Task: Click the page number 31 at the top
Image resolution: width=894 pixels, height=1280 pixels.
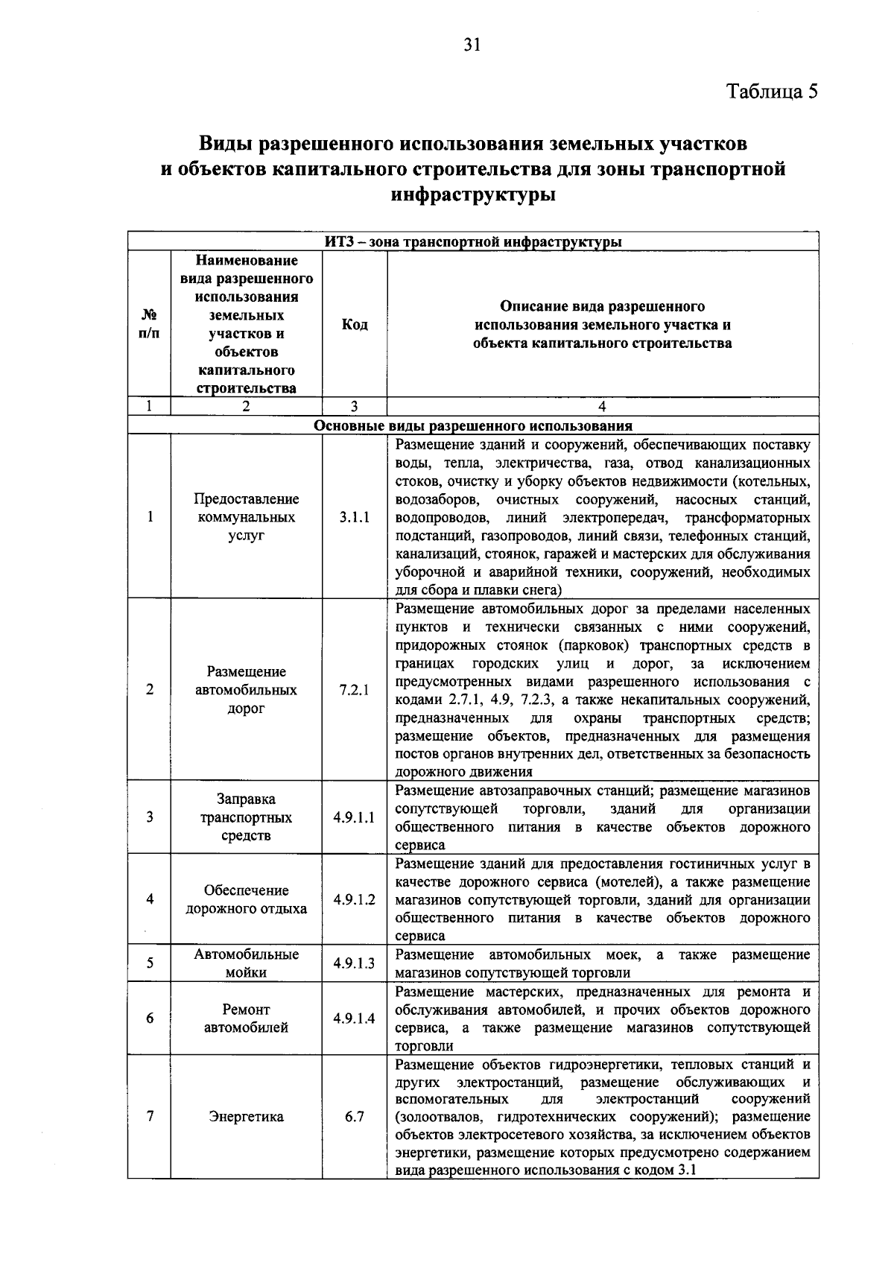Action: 472,45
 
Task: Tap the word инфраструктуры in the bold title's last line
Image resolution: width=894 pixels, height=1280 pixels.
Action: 474,196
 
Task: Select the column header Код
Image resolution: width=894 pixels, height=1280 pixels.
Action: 355,325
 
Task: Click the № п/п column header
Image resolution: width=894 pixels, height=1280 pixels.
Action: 149,325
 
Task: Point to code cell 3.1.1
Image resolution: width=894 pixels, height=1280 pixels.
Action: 355,517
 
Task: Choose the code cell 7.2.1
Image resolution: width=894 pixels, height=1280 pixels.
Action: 355,690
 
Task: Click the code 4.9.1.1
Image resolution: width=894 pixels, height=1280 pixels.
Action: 355,817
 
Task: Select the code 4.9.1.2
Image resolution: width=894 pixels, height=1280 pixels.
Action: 355,899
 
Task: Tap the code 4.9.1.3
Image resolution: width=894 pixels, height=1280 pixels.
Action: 355,963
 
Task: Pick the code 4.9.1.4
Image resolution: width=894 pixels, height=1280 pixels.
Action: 355,1018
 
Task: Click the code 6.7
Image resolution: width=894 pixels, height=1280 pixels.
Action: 355,1117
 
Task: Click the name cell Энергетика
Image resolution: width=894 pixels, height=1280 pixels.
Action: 246,1117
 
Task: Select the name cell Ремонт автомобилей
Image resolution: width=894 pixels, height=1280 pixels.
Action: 246,1018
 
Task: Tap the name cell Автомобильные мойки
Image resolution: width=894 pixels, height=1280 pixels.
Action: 246,963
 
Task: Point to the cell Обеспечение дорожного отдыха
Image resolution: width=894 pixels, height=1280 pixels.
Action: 246,899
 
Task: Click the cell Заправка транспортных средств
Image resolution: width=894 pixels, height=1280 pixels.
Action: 246,817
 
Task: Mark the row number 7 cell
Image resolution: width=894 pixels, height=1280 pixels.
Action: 150,1117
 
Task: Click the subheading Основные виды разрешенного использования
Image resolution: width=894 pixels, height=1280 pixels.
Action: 473,426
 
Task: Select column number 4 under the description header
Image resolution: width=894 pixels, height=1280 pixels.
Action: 602,407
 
